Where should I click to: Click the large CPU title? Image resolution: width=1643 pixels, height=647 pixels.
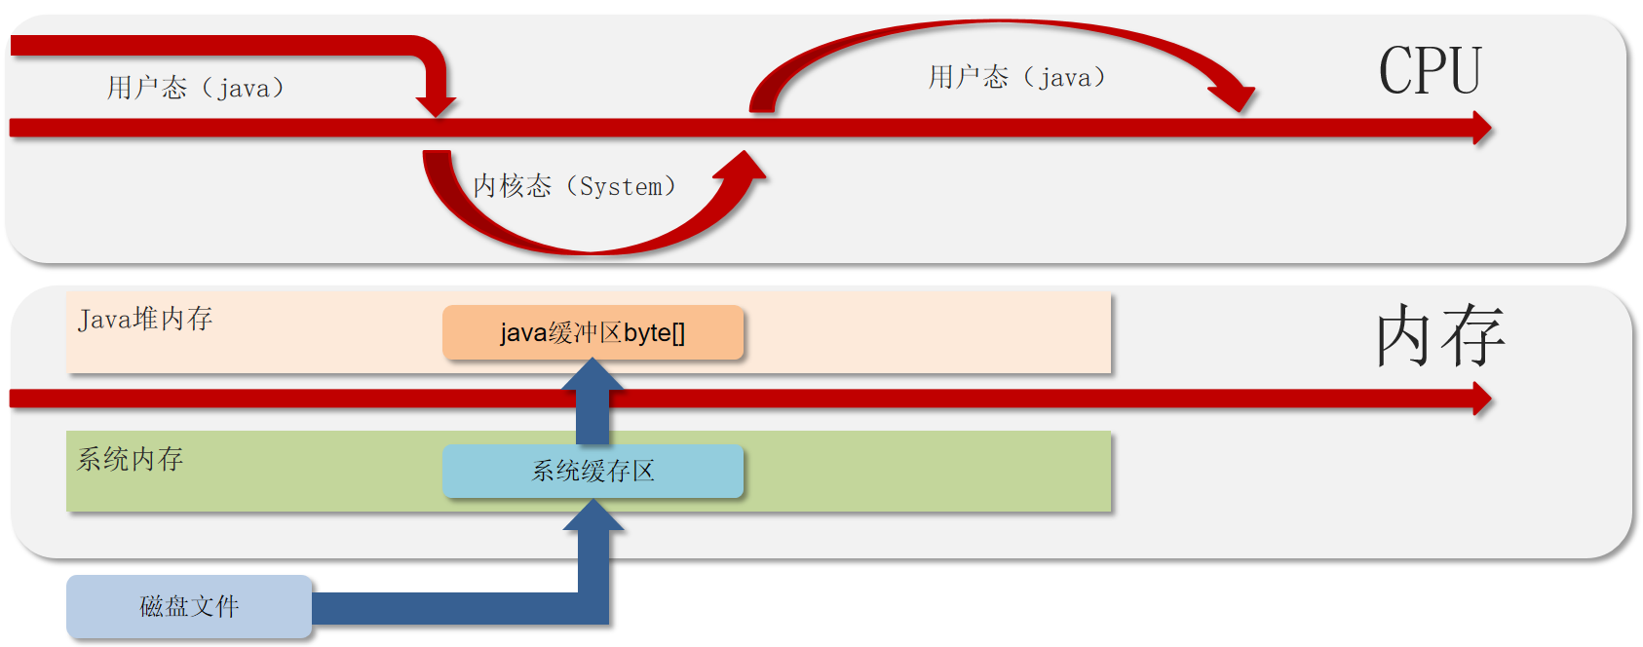1430,71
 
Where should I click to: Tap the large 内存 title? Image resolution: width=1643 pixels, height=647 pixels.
1439,335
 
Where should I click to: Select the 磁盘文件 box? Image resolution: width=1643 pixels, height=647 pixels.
189,606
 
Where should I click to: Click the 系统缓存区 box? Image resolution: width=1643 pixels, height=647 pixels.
592,472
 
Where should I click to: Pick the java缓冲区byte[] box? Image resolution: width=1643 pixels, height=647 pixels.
592,333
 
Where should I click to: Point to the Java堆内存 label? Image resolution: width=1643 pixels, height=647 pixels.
145,319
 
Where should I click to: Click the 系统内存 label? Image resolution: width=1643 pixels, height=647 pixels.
131,459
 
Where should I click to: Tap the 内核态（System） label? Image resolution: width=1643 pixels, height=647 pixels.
574,186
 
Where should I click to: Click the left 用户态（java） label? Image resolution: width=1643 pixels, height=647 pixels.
196,89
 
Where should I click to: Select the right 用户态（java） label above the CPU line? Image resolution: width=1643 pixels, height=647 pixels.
1016,78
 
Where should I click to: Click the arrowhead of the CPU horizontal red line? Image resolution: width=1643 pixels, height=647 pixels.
1481,128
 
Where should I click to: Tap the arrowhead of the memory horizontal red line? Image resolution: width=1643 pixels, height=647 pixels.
1481,398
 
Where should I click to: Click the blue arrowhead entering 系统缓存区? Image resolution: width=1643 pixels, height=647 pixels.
592,515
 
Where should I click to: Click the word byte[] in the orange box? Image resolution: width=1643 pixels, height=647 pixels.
654,333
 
